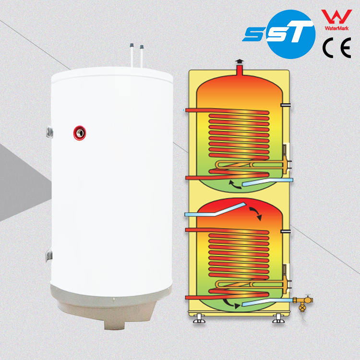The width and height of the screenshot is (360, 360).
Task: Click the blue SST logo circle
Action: tap(287, 34)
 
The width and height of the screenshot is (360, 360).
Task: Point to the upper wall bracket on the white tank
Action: tap(49, 130)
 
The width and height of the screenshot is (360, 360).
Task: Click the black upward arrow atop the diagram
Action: tap(238, 63)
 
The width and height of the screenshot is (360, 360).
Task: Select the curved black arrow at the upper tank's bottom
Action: tap(235, 184)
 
